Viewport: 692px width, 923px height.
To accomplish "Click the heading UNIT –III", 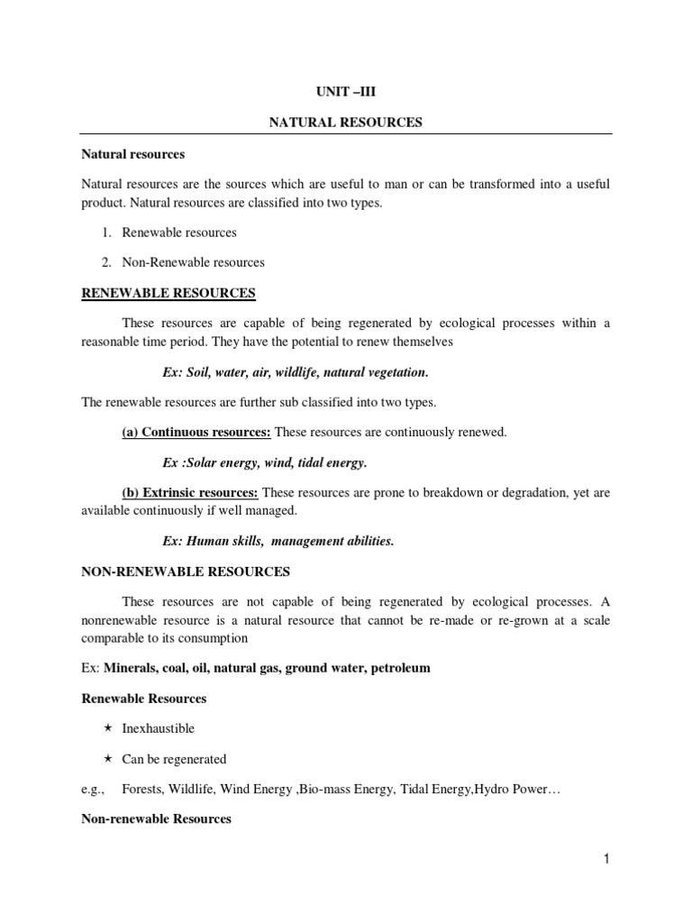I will [x=346, y=91].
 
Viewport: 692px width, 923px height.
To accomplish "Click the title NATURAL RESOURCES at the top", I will [x=346, y=123].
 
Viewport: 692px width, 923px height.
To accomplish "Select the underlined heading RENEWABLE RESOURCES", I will [x=168, y=293].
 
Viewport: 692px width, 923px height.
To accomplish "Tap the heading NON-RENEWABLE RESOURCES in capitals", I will [x=186, y=571].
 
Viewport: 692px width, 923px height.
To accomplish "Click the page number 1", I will [x=607, y=860].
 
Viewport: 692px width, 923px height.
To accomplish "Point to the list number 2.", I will [x=105, y=262].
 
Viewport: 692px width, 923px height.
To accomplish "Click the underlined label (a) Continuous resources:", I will [x=196, y=433].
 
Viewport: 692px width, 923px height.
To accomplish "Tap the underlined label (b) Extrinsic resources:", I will [x=190, y=494].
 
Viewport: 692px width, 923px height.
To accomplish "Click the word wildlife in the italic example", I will [x=290, y=371].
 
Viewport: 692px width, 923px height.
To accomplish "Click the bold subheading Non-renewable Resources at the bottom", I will [x=156, y=819].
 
